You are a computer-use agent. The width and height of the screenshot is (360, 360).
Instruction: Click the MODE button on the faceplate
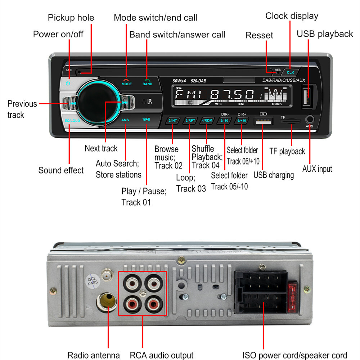[x=126, y=83]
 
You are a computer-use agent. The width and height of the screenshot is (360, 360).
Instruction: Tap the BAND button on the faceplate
[x=147, y=83]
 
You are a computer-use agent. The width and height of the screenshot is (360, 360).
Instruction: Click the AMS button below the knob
[x=125, y=120]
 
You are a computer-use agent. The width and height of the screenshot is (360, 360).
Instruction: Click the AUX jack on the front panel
[x=309, y=119]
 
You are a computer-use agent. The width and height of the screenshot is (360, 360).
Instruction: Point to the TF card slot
[x=291, y=122]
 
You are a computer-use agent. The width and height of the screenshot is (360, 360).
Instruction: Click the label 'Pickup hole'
[x=71, y=18]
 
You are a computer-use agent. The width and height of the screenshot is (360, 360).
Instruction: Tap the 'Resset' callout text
[x=259, y=35]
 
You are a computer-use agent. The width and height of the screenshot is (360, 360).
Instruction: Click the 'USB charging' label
[x=274, y=175]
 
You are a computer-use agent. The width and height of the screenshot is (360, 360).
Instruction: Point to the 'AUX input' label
[x=317, y=168]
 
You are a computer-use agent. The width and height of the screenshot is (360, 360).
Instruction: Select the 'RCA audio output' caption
[x=162, y=355]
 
